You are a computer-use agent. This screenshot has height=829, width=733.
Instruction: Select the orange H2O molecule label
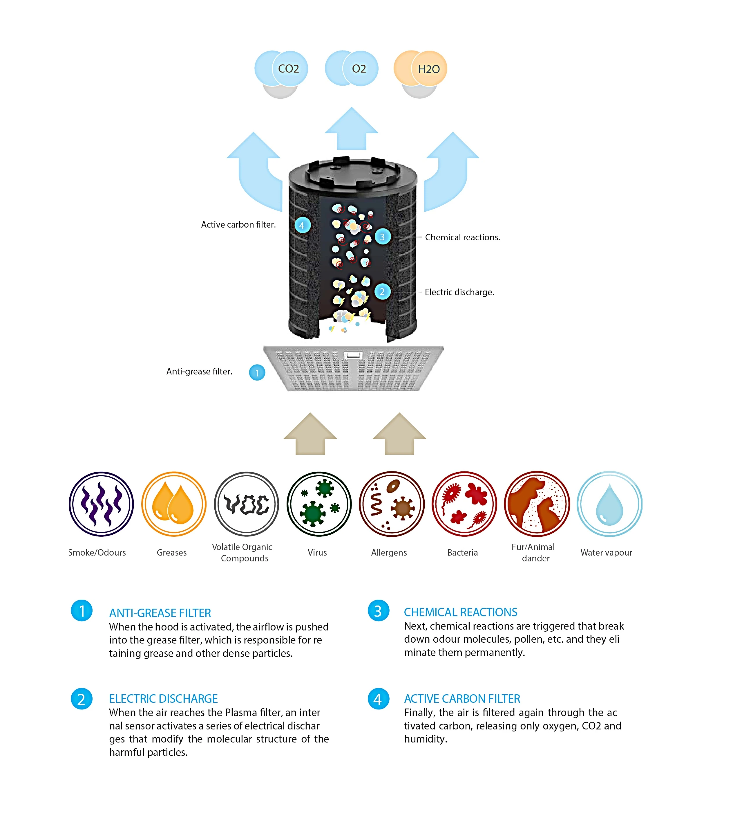click(428, 69)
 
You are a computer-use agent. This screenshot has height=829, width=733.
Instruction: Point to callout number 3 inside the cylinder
click(382, 237)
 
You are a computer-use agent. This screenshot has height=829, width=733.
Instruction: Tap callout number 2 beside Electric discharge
click(382, 292)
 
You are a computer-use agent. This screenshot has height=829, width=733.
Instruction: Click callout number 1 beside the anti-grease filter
click(257, 373)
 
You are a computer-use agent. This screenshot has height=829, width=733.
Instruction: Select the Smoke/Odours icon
click(101, 504)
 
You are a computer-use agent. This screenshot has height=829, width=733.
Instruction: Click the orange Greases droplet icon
click(174, 504)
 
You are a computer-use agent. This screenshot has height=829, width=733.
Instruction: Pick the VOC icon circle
click(246, 504)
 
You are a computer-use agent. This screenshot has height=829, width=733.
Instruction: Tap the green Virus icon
click(319, 504)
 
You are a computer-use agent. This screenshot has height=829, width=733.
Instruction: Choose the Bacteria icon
click(464, 504)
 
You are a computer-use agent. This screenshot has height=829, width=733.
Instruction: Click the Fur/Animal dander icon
click(537, 504)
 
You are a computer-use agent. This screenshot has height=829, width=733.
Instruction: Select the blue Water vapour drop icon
click(609, 504)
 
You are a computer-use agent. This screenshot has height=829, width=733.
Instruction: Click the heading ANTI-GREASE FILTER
click(160, 613)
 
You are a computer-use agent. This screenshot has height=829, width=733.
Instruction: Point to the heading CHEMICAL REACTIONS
click(461, 612)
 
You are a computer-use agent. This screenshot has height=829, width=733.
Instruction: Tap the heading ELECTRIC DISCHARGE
click(163, 698)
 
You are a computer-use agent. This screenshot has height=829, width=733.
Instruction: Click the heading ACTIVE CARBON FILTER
click(462, 698)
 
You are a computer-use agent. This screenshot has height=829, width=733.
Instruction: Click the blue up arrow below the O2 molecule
click(351, 129)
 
